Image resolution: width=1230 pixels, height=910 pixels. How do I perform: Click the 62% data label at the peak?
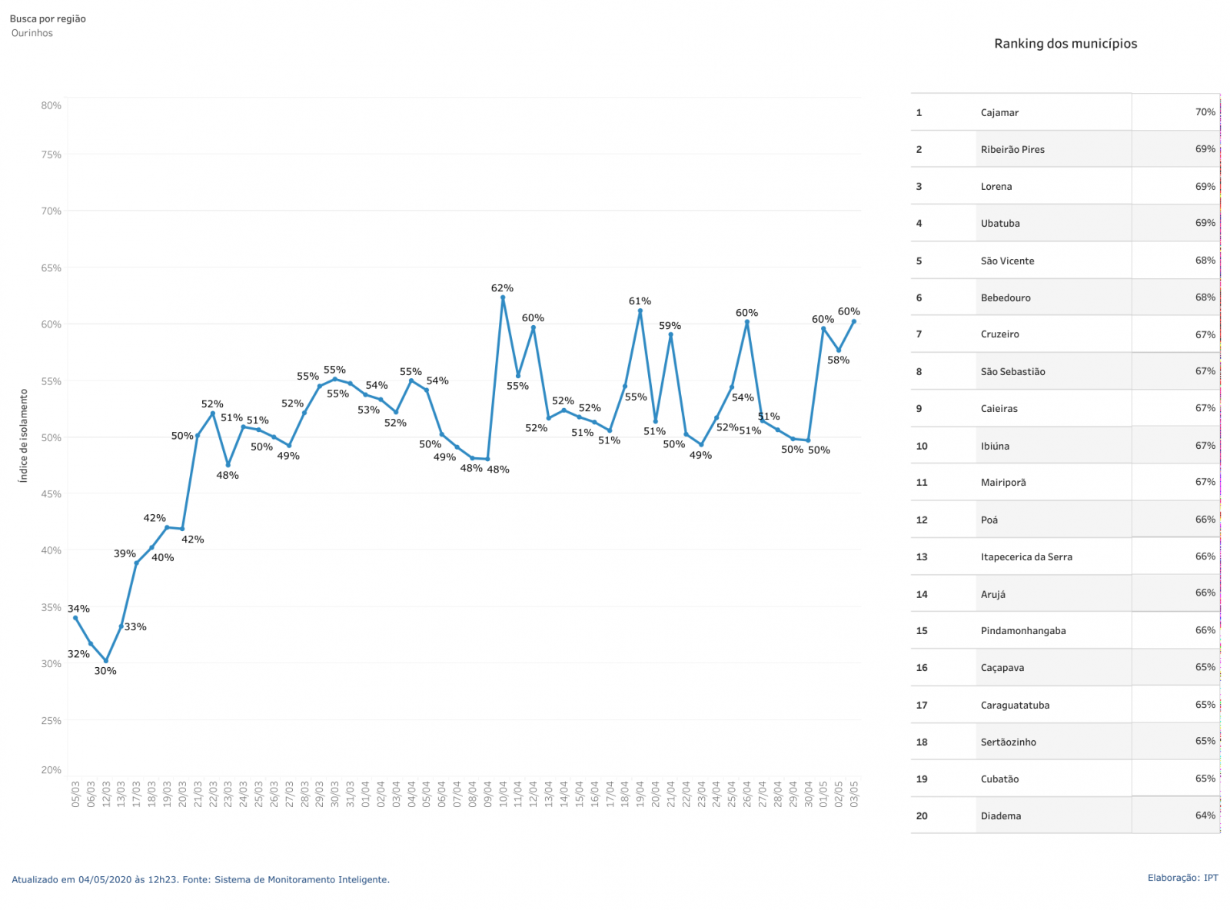[x=502, y=288]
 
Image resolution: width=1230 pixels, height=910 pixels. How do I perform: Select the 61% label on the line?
[x=640, y=301]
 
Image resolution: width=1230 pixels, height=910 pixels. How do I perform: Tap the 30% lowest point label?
[x=105, y=671]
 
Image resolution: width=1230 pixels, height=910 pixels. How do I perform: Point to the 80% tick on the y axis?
[x=52, y=105]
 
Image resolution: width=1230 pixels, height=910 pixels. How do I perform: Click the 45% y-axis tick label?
[x=52, y=494]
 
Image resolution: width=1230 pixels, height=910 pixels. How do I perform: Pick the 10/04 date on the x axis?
[x=503, y=794]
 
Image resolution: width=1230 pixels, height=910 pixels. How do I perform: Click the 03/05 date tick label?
[x=854, y=794]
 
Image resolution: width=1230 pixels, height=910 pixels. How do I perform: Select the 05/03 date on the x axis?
[x=75, y=794]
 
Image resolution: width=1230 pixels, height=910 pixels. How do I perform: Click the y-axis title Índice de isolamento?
[x=23, y=436]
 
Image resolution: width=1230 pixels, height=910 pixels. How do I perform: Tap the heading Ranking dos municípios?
[x=1065, y=44]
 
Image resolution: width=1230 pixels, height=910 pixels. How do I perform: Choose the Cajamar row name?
[x=999, y=112]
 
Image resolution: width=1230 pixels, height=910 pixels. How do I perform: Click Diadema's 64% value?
[x=1205, y=815]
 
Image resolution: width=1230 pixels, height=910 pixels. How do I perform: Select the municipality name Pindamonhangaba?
[x=1023, y=631]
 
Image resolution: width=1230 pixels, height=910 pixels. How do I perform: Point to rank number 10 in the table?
[x=922, y=446]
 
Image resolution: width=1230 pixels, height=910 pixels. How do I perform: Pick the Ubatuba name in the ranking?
[x=1000, y=224]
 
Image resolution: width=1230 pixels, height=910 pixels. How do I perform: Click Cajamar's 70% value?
[x=1205, y=112]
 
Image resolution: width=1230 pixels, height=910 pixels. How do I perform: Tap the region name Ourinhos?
[x=32, y=33]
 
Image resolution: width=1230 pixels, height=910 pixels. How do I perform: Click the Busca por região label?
[x=48, y=18]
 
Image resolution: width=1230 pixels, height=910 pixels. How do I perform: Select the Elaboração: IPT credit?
[x=1182, y=878]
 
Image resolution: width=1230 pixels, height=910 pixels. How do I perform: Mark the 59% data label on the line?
[x=670, y=326]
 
